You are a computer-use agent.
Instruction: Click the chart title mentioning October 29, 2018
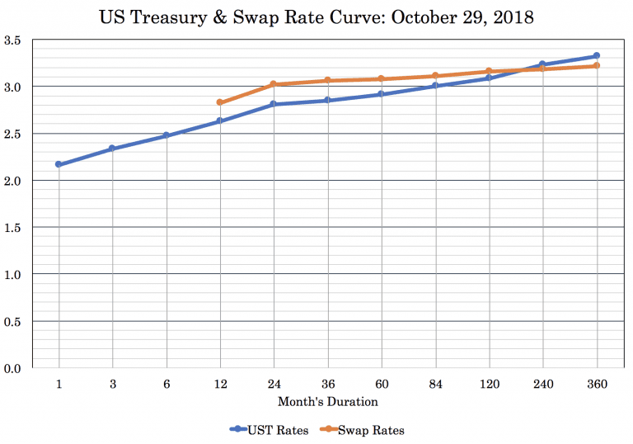coord(317,16)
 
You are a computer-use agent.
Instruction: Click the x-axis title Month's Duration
coord(328,402)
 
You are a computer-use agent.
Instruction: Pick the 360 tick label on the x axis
coord(597,384)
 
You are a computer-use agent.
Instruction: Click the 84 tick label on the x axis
coord(435,384)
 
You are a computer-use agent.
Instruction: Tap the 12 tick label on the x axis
coord(220,384)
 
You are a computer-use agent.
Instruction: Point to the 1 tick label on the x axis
coord(59,384)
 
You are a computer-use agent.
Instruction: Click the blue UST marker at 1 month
coord(59,164)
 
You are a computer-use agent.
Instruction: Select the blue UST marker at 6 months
coord(166,135)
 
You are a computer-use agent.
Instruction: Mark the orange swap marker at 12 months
coord(220,102)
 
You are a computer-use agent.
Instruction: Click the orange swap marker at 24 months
coord(274,84)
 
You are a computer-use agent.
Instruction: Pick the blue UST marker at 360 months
coord(597,56)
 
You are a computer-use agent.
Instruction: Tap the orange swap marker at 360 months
coord(597,65)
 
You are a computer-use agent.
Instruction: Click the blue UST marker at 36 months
coord(328,101)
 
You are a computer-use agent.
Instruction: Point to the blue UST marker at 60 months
coord(382,94)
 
